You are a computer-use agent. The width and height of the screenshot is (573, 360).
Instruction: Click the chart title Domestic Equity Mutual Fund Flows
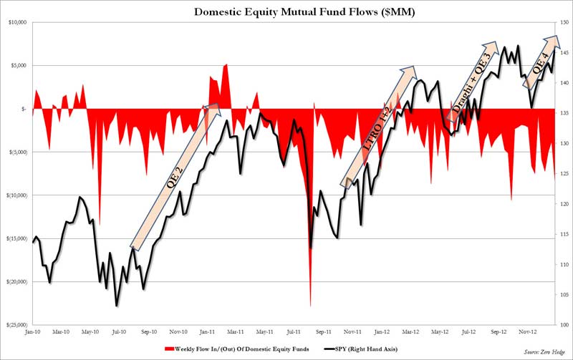pyautogui.click(x=286, y=11)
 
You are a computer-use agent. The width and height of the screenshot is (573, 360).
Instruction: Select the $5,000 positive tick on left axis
pyautogui.click(x=17, y=65)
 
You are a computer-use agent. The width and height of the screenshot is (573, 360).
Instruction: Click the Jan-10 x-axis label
pyautogui.click(x=32, y=332)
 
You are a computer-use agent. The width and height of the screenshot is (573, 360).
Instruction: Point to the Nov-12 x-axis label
pyautogui.click(x=528, y=332)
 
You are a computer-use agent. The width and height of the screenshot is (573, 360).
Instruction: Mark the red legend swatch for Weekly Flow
pyautogui.click(x=169, y=349)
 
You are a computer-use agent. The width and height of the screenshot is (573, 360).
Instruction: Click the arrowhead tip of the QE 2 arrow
pyautogui.click(x=219, y=106)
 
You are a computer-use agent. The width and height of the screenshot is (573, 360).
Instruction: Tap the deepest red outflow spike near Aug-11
pyautogui.click(x=310, y=305)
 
